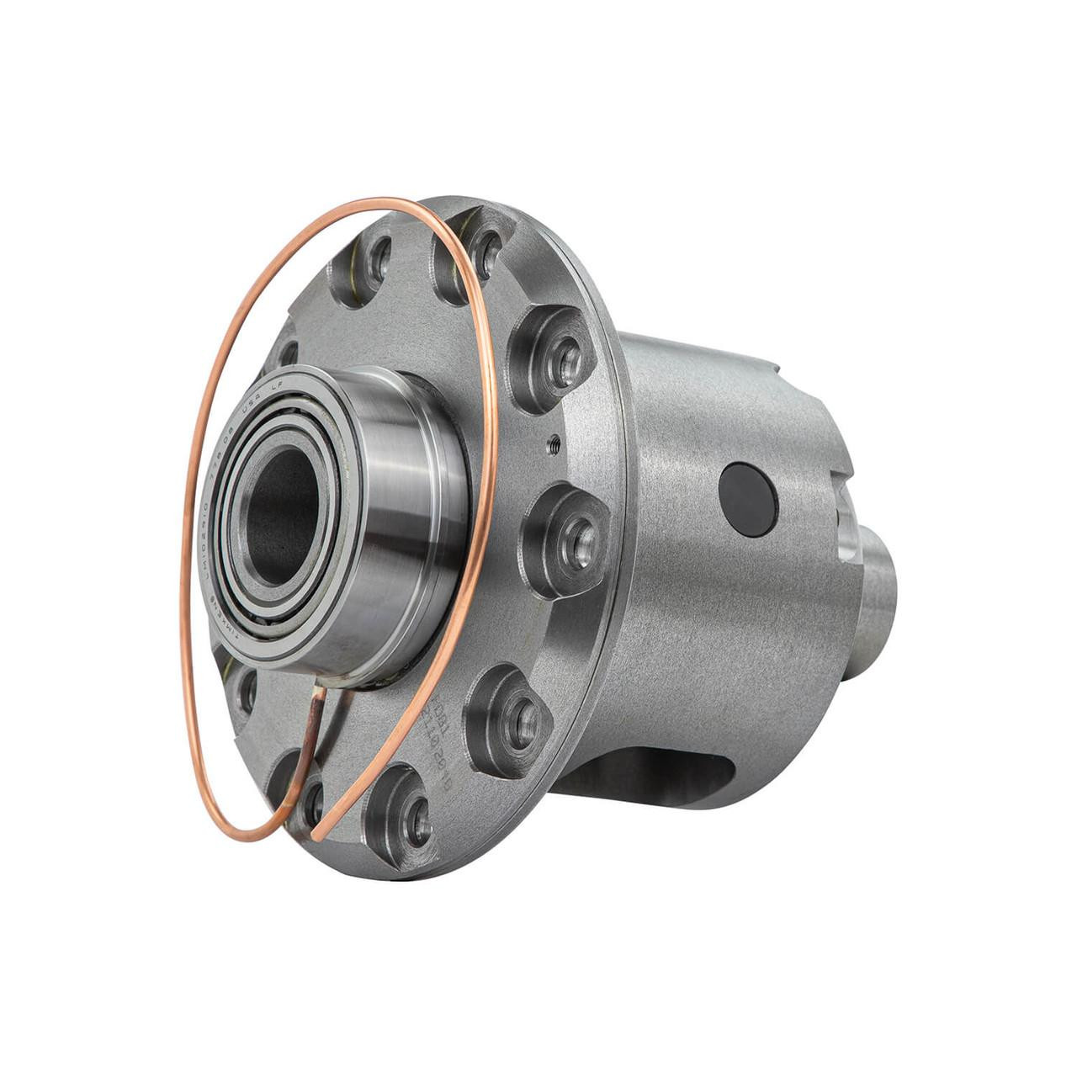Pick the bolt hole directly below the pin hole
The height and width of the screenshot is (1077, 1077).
click(x=572, y=533)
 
